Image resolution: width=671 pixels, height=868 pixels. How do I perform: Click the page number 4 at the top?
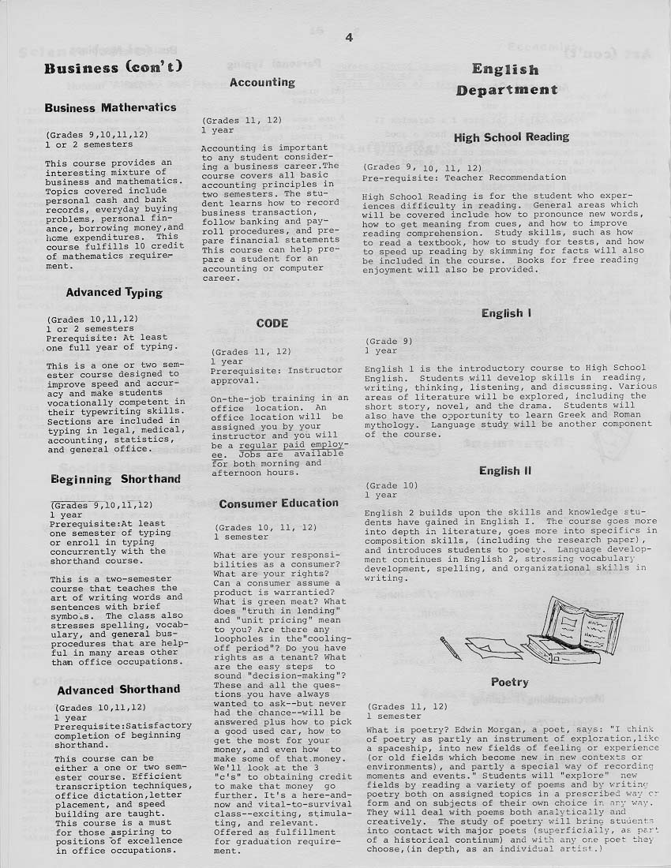point(348,37)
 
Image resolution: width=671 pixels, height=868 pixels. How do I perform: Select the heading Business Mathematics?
point(111,107)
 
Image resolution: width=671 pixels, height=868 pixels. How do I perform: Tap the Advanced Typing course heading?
point(114,293)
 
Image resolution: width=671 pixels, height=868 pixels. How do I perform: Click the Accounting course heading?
point(262,82)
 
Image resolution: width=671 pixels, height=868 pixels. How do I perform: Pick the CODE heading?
point(272,324)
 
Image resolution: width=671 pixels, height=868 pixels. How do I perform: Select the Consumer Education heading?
point(279,503)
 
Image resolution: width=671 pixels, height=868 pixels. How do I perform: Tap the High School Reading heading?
point(511,137)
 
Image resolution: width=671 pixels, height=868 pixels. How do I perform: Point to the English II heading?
point(505,471)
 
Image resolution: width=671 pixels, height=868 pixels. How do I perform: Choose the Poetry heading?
point(509,682)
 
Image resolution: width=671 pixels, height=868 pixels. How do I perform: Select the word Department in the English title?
point(506,90)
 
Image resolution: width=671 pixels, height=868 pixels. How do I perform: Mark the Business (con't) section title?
point(114,67)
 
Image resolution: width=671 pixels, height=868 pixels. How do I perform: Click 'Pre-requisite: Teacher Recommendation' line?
point(464,178)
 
